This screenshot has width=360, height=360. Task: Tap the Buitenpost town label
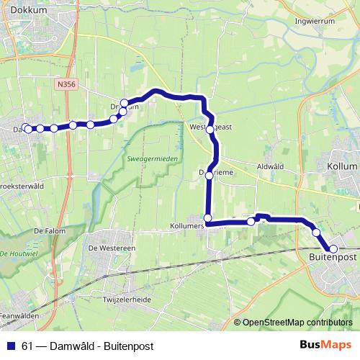coord(333,256)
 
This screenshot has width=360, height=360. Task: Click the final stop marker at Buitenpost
coord(333,248)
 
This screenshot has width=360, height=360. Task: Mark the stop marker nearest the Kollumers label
coord(207,218)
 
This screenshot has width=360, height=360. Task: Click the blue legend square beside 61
coord(11,346)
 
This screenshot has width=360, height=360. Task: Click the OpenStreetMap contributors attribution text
coord(298,323)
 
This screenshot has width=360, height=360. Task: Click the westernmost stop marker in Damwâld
coord(25,127)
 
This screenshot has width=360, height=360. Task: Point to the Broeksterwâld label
coord(18,184)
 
